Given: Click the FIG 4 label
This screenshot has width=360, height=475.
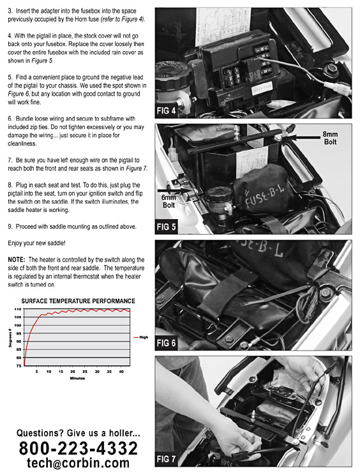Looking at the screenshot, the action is click(x=166, y=110).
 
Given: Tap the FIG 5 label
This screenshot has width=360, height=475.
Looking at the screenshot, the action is click(x=166, y=227).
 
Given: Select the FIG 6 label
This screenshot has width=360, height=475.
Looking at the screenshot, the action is click(x=166, y=343).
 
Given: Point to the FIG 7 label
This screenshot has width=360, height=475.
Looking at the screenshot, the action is click(x=166, y=459).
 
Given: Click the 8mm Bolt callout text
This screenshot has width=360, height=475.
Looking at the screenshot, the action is click(x=330, y=138).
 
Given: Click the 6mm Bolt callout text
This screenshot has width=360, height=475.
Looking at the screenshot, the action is click(x=169, y=201).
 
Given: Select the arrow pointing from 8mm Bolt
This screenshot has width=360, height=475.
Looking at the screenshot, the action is click(x=303, y=137).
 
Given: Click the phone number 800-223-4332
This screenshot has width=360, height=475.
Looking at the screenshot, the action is click(x=79, y=448).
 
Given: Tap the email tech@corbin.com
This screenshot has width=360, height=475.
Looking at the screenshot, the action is click(x=78, y=463).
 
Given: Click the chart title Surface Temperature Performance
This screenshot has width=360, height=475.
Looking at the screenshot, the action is click(x=78, y=301).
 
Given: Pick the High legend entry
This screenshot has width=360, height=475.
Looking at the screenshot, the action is click(x=141, y=337).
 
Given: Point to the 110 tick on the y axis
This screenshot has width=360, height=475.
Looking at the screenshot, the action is click(x=18, y=309).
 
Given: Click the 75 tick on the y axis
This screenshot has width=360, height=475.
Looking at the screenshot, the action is click(x=19, y=366).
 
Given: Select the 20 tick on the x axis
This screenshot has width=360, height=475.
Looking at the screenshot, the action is click(x=73, y=372).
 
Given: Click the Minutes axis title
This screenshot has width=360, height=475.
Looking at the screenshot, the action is click(x=77, y=378).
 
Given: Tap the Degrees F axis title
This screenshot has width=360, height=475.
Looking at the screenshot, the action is click(x=10, y=338).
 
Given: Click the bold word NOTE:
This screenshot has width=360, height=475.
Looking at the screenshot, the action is click(x=17, y=260).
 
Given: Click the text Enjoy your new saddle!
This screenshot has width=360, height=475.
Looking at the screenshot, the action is click(x=36, y=243).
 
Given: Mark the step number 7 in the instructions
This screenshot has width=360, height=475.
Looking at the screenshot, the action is click(x=10, y=160).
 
